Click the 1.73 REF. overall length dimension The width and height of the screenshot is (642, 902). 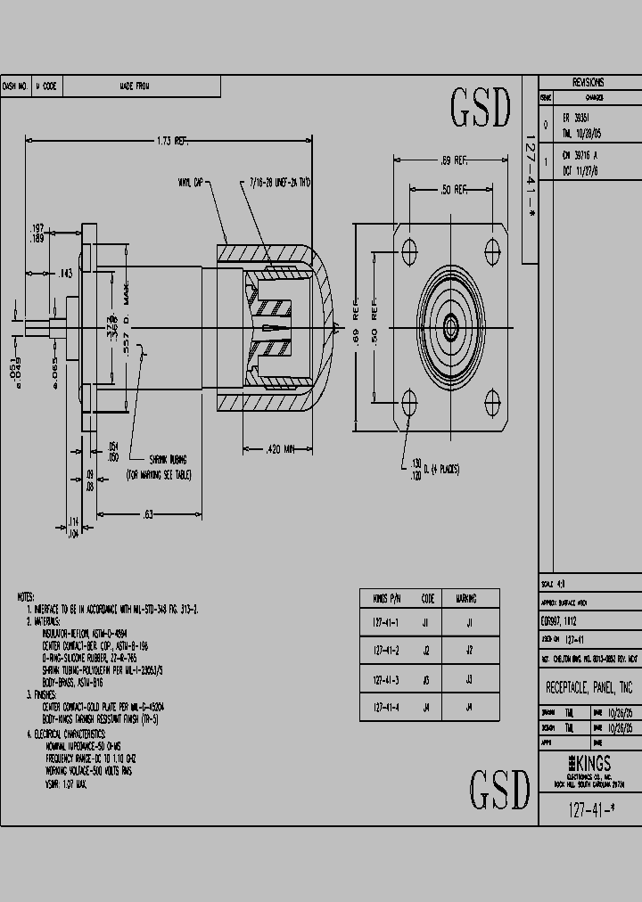click(x=171, y=141)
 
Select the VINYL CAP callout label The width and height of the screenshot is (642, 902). click(x=191, y=183)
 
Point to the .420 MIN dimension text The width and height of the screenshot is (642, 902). click(x=281, y=450)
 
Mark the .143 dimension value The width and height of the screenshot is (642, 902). click(x=65, y=273)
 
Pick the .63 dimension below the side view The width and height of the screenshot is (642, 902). click(x=148, y=515)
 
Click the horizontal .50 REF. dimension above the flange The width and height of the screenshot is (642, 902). click(x=453, y=190)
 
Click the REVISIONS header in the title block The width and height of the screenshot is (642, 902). click(x=588, y=80)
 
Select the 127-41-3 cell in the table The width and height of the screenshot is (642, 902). click(x=386, y=680)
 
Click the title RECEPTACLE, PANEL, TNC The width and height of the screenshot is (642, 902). click(x=589, y=688)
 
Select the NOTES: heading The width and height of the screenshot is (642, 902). click(x=27, y=595)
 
